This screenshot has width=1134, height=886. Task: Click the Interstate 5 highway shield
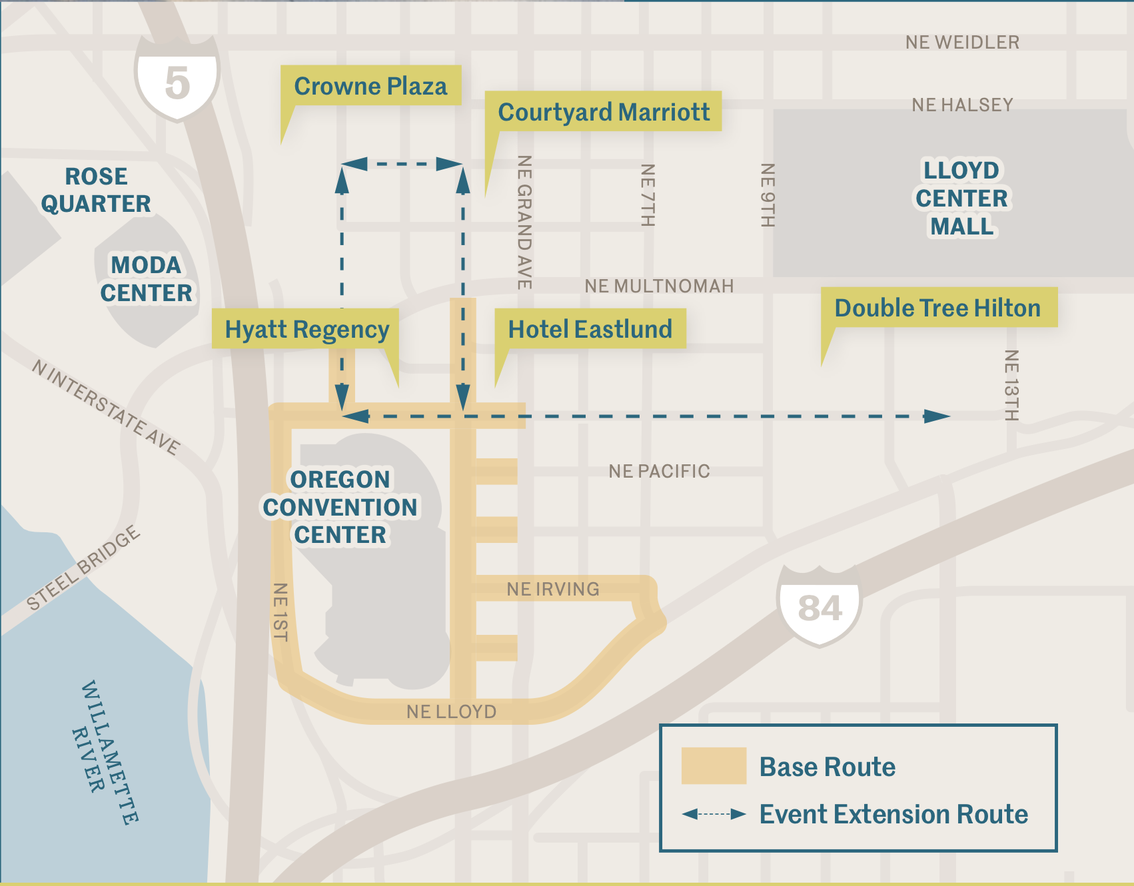[177, 80]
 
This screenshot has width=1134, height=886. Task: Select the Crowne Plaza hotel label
[371, 86]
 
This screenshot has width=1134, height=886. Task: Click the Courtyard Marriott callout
[604, 112]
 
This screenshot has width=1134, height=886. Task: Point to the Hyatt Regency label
[306, 329]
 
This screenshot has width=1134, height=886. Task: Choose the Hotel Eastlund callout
[590, 329]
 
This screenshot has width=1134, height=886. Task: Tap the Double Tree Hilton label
[938, 308]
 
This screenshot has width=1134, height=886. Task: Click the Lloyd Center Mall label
[961, 198]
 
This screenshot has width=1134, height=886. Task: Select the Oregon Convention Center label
[340, 507]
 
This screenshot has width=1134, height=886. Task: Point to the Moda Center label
[146, 279]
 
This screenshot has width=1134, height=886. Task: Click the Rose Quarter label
[96, 190]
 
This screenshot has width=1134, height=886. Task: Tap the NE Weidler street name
[962, 43]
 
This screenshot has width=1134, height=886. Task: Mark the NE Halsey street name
[962, 105]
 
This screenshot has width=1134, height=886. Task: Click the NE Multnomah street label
[659, 286]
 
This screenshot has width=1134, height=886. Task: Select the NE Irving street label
[553, 589]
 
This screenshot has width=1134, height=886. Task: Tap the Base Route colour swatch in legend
[714, 766]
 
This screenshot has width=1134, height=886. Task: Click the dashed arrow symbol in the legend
[714, 814]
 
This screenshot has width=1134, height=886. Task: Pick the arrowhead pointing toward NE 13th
[937, 417]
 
